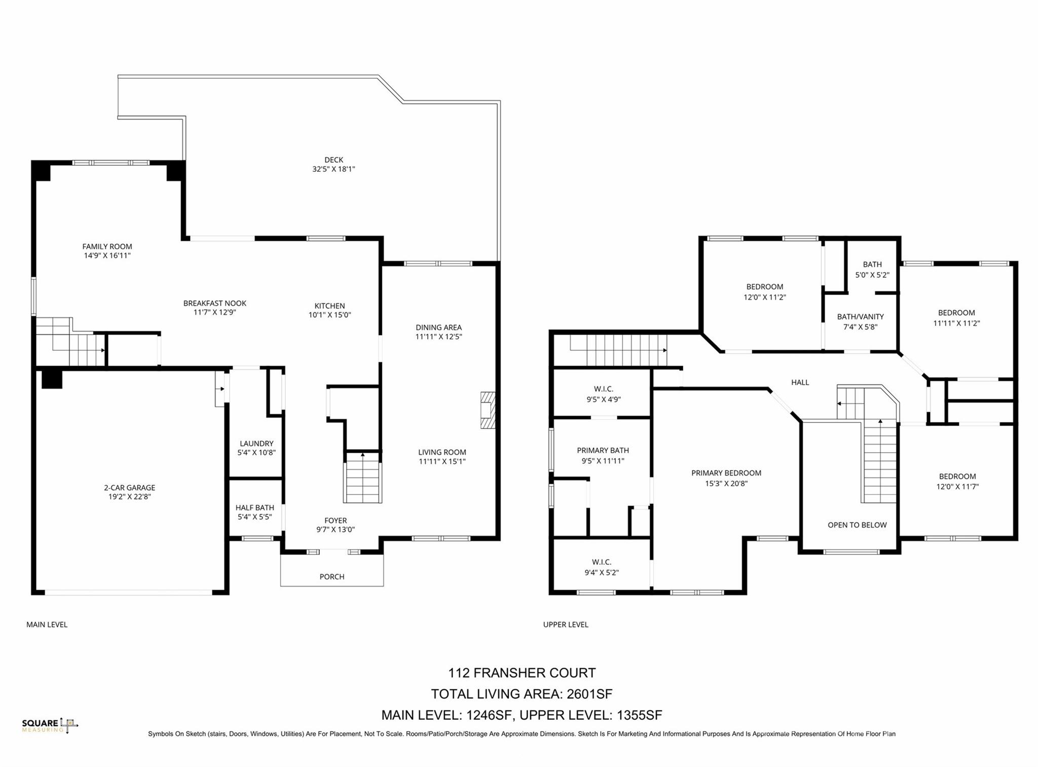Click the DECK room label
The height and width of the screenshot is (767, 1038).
pos(334,160)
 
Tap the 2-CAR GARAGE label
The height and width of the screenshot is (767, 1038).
pos(130,488)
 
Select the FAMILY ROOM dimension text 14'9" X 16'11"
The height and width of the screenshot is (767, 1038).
pos(107,255)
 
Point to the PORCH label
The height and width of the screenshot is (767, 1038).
pos(332,576)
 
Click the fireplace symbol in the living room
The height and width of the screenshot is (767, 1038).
pos(488,410)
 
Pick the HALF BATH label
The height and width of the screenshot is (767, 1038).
pos(255,507)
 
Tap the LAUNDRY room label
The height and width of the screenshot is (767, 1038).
pos(256,444)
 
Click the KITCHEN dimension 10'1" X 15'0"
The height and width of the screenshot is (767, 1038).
pos(330,315)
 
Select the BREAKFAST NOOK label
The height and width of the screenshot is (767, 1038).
pos(215,303)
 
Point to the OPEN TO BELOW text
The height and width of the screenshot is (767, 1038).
pos(858,525)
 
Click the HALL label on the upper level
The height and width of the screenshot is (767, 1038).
pos(800,382)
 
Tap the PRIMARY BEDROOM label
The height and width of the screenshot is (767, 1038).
pos(726,473)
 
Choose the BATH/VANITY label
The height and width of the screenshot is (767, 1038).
pos(861,317)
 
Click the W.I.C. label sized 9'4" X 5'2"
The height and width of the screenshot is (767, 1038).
pos(602,562)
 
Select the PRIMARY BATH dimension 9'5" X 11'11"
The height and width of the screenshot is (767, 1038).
pos(603,461)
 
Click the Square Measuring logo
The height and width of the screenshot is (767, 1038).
pos(50,725)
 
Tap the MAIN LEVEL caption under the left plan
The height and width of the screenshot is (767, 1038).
pos(47,625)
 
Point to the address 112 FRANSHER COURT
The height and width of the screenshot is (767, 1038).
pos(522,673)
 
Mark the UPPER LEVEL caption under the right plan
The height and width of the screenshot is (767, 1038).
pos(566,625)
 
